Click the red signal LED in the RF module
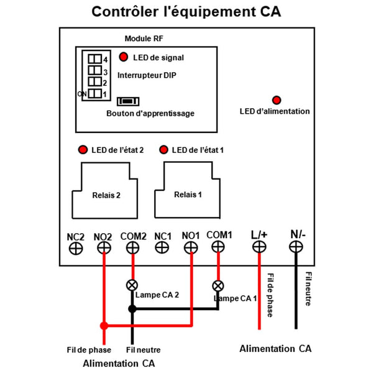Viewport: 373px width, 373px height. pos(124,57)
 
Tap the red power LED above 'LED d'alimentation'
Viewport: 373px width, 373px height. pos(277,100)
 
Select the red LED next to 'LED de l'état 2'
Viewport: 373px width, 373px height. pos(83,150)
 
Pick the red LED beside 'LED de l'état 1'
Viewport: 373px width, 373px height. pos(163,150)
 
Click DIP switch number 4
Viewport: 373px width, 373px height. pos(94,59)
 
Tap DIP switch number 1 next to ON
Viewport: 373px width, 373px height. pos(94,93)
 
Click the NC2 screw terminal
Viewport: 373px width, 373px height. pos(76,249)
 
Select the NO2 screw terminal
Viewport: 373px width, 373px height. pos(104,248)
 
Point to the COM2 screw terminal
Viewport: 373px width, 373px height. pos(133,248)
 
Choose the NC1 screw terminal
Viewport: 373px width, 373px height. pos(162,247)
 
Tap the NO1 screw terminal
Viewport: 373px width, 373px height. pos(191,247)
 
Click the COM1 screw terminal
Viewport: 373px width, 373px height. pos(218,246)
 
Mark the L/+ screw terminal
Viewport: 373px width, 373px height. pos(259,246)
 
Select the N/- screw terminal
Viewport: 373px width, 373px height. pos(296,246)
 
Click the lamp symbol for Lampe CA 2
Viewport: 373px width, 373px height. pos(132,285)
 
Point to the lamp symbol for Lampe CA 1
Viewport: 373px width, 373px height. pos(218,286)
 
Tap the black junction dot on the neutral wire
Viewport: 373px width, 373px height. pos(132,309)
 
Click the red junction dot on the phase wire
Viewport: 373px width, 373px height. pos(104,326)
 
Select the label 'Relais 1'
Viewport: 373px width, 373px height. pos(188,195)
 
